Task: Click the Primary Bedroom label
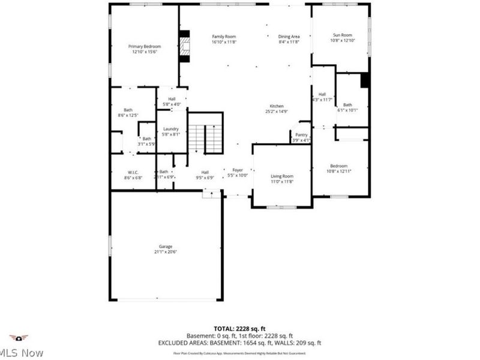[x=144, y=46]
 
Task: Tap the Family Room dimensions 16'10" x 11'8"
[x=224, y=42]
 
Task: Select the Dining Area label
[x=289, y=37]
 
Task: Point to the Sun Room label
[x=342, y=35]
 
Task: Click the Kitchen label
[x=276, y=106]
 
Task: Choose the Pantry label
[x=301, y=135]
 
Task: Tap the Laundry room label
[x=171, y=129]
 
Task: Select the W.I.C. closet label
[x=133, y=172]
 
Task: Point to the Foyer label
[x=239, y=171]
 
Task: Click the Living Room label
[x=281, y=176]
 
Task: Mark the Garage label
[x=166, y=246]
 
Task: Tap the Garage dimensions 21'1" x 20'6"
[x=166, y=251]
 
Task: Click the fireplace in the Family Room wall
[x=186, y=46]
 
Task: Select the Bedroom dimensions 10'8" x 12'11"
[x=338, y=171]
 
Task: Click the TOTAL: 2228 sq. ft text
[x=239, y=329]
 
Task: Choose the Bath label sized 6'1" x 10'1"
[x=347, y=105]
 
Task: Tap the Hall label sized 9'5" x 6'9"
[x=205, y=172]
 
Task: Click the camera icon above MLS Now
[x=19, y=338]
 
